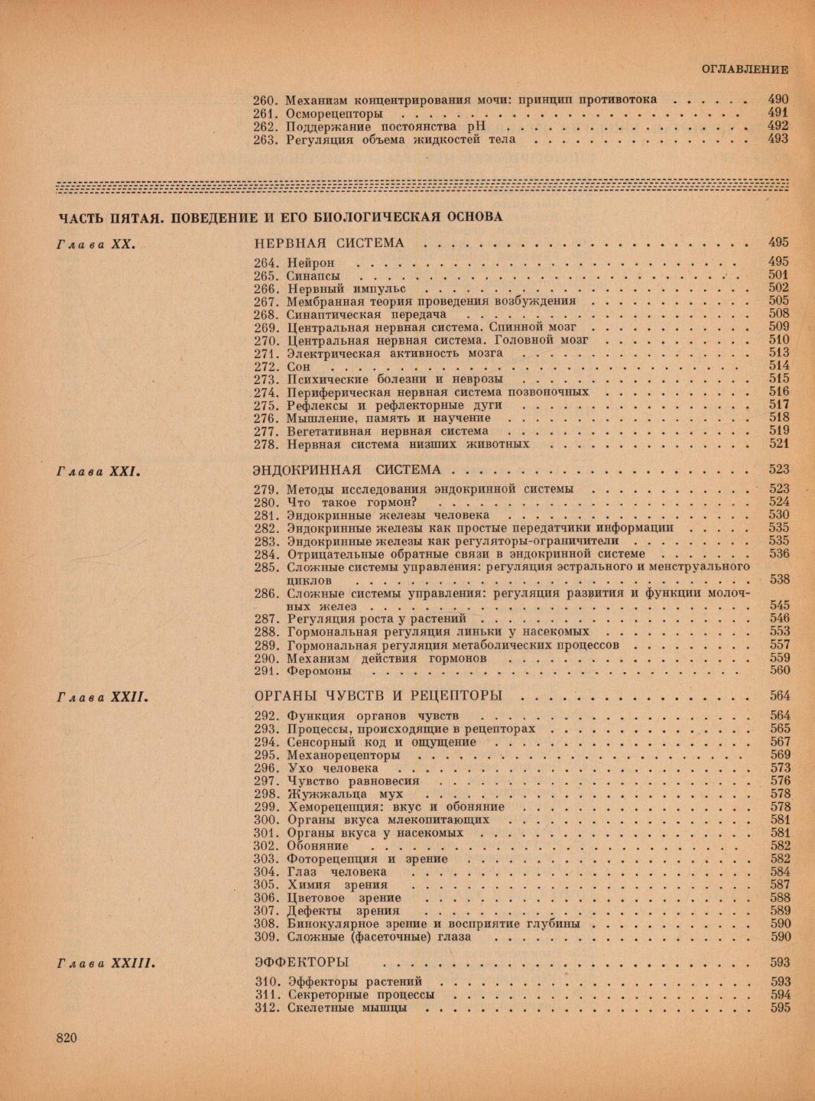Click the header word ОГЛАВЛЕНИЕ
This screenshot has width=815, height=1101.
tap(745, 70)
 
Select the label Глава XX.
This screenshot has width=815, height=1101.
tap(96, 244)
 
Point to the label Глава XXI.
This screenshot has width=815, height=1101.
tap(101, 470)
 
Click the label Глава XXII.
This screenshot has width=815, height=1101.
tap(102, 697)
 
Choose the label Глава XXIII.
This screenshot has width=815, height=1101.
tap(107, 963)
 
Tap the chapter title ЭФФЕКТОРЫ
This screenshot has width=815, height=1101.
tap(300, 962)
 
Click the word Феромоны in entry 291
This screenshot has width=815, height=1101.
tap(320, 671)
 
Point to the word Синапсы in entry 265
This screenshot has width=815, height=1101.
tap(313, 276)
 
